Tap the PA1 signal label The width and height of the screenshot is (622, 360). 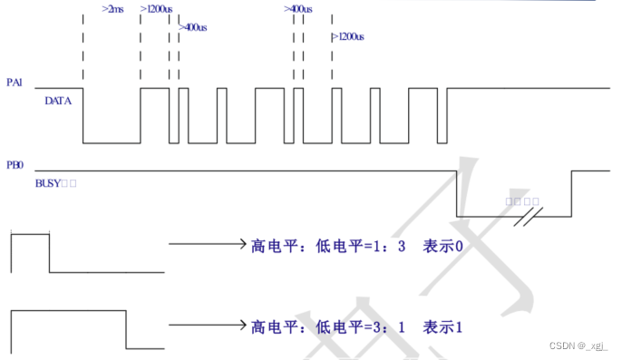(x=14, y=83)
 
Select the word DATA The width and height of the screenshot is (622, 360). (x=57, y=101)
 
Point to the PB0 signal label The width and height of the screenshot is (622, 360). (x=14, y=167)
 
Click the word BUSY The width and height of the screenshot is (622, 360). (x=47, y=183)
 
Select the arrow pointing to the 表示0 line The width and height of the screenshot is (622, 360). (x=207, y=245)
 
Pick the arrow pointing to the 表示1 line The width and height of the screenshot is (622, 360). (x=207, y=325)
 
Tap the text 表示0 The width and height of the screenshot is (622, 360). (x=446, y=245)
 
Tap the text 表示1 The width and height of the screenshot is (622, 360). (x=446, y=325)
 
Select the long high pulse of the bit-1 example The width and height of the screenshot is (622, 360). (x=68, y=313)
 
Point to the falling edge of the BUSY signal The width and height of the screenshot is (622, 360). (x=456, y=192)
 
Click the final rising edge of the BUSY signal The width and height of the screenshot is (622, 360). (x=570, y=192)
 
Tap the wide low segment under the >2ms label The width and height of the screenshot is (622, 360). (x=112, y=142)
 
